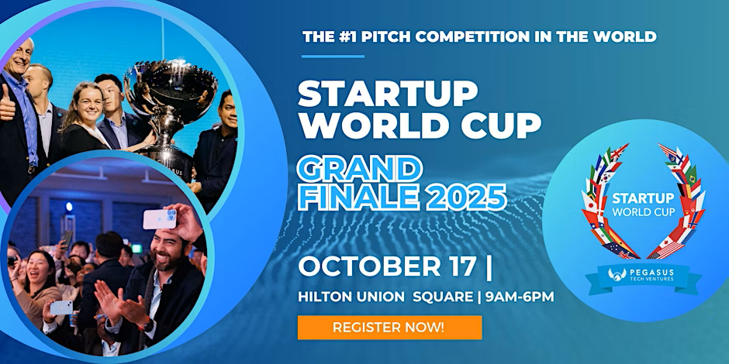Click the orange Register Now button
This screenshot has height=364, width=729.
[x=389, y=327]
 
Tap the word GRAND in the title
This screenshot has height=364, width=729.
[x=360, y=168]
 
